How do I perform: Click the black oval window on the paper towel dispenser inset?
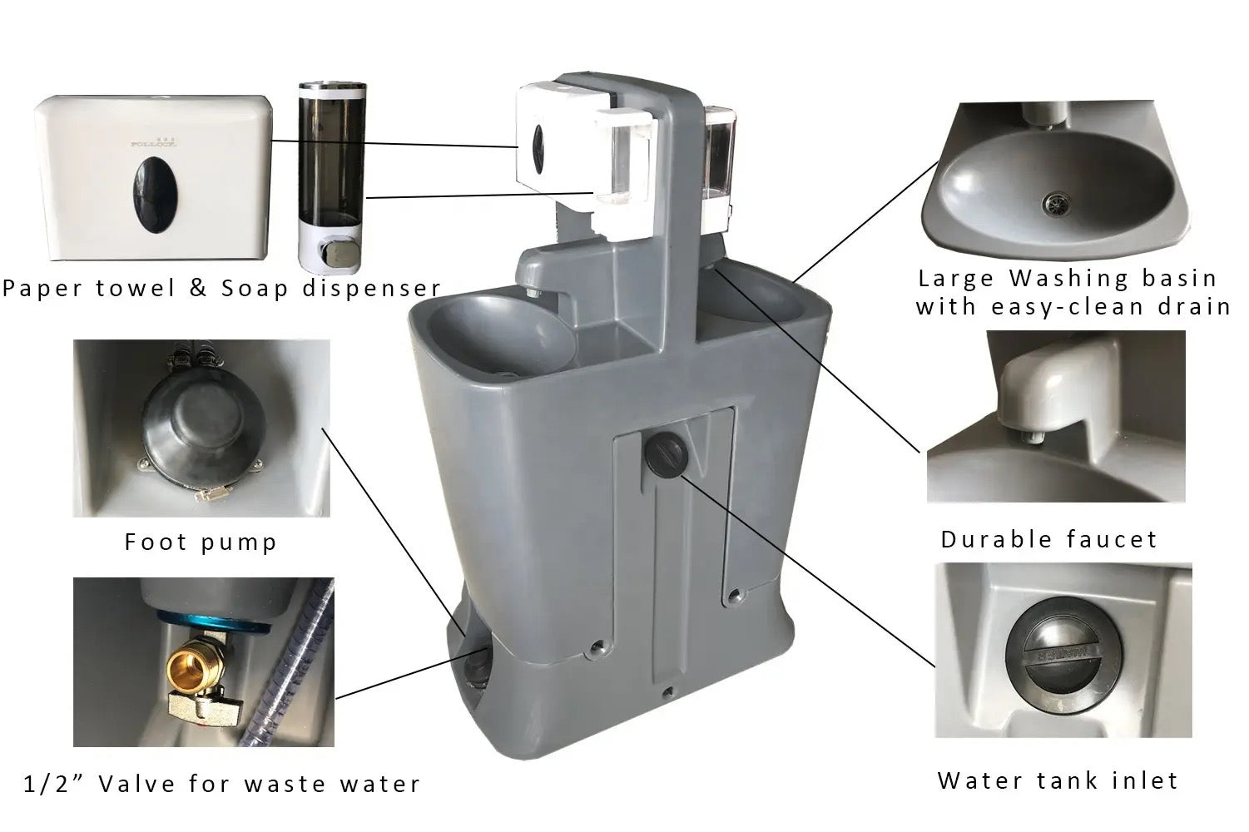click(155, 195)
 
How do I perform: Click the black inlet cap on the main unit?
click(667, 454)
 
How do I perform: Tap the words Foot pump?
click(201, 542)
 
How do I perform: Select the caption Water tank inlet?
click(1058, 780)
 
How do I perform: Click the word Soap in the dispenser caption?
click(255, 289)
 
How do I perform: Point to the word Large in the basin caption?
click(957, 278)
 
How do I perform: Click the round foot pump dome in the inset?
click(203, 421)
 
